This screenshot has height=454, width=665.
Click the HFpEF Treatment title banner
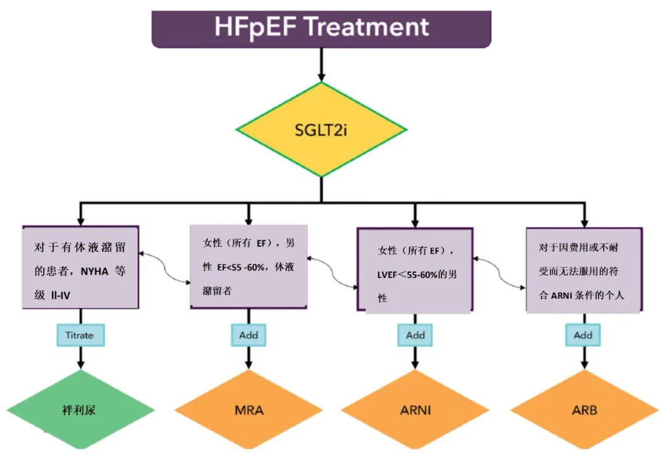321,29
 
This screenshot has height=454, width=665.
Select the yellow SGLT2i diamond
321,129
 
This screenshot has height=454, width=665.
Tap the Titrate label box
81,335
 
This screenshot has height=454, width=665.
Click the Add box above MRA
249,335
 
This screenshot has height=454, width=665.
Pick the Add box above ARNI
415,335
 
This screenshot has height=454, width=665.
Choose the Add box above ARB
583,335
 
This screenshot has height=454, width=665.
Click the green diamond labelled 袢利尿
81,410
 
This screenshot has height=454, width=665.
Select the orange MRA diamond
249,410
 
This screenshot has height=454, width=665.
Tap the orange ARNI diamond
415,410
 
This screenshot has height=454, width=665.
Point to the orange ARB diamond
584,410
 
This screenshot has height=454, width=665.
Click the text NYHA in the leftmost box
95,271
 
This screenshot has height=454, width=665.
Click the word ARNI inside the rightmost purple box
562,295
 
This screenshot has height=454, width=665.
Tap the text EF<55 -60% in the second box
241,267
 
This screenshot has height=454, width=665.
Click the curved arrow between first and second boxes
164,267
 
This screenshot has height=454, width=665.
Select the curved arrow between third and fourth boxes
499,272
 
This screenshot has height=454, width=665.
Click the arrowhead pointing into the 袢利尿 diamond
81,365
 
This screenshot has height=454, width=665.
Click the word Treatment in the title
366,26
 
